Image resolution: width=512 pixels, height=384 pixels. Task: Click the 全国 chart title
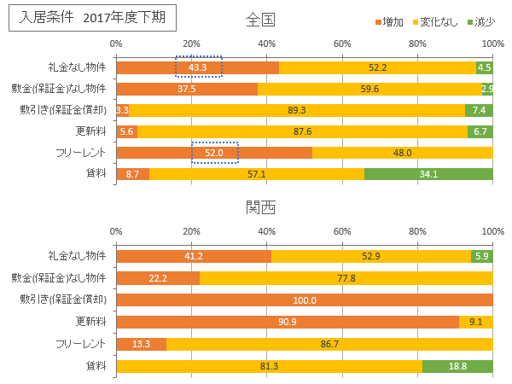(259, 19)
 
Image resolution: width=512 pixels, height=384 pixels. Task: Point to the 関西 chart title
(259, 207)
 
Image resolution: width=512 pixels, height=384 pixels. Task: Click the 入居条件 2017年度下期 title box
(92, 17)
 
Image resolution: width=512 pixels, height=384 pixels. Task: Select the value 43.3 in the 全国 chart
(198, 67)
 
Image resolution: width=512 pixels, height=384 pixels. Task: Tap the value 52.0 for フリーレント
(214, 153)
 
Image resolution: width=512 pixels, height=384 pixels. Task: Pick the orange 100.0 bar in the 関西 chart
(304, 300)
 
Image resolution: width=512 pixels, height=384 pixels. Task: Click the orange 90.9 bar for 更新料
(287, 322)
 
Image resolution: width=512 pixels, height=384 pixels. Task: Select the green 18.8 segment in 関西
(457, 365)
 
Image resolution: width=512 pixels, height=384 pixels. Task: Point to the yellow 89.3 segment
(297, 110)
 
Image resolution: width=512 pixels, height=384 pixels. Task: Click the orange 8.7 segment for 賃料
(132, 174)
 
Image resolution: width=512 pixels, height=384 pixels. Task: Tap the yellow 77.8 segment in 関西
(346, 278)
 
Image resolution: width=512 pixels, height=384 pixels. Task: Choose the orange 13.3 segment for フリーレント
(141, 344)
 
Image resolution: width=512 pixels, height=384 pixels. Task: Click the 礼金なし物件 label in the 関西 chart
(77, 256)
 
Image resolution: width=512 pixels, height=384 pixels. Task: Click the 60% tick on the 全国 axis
(342, 43)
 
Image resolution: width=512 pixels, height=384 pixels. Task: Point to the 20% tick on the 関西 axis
(191, 231)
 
